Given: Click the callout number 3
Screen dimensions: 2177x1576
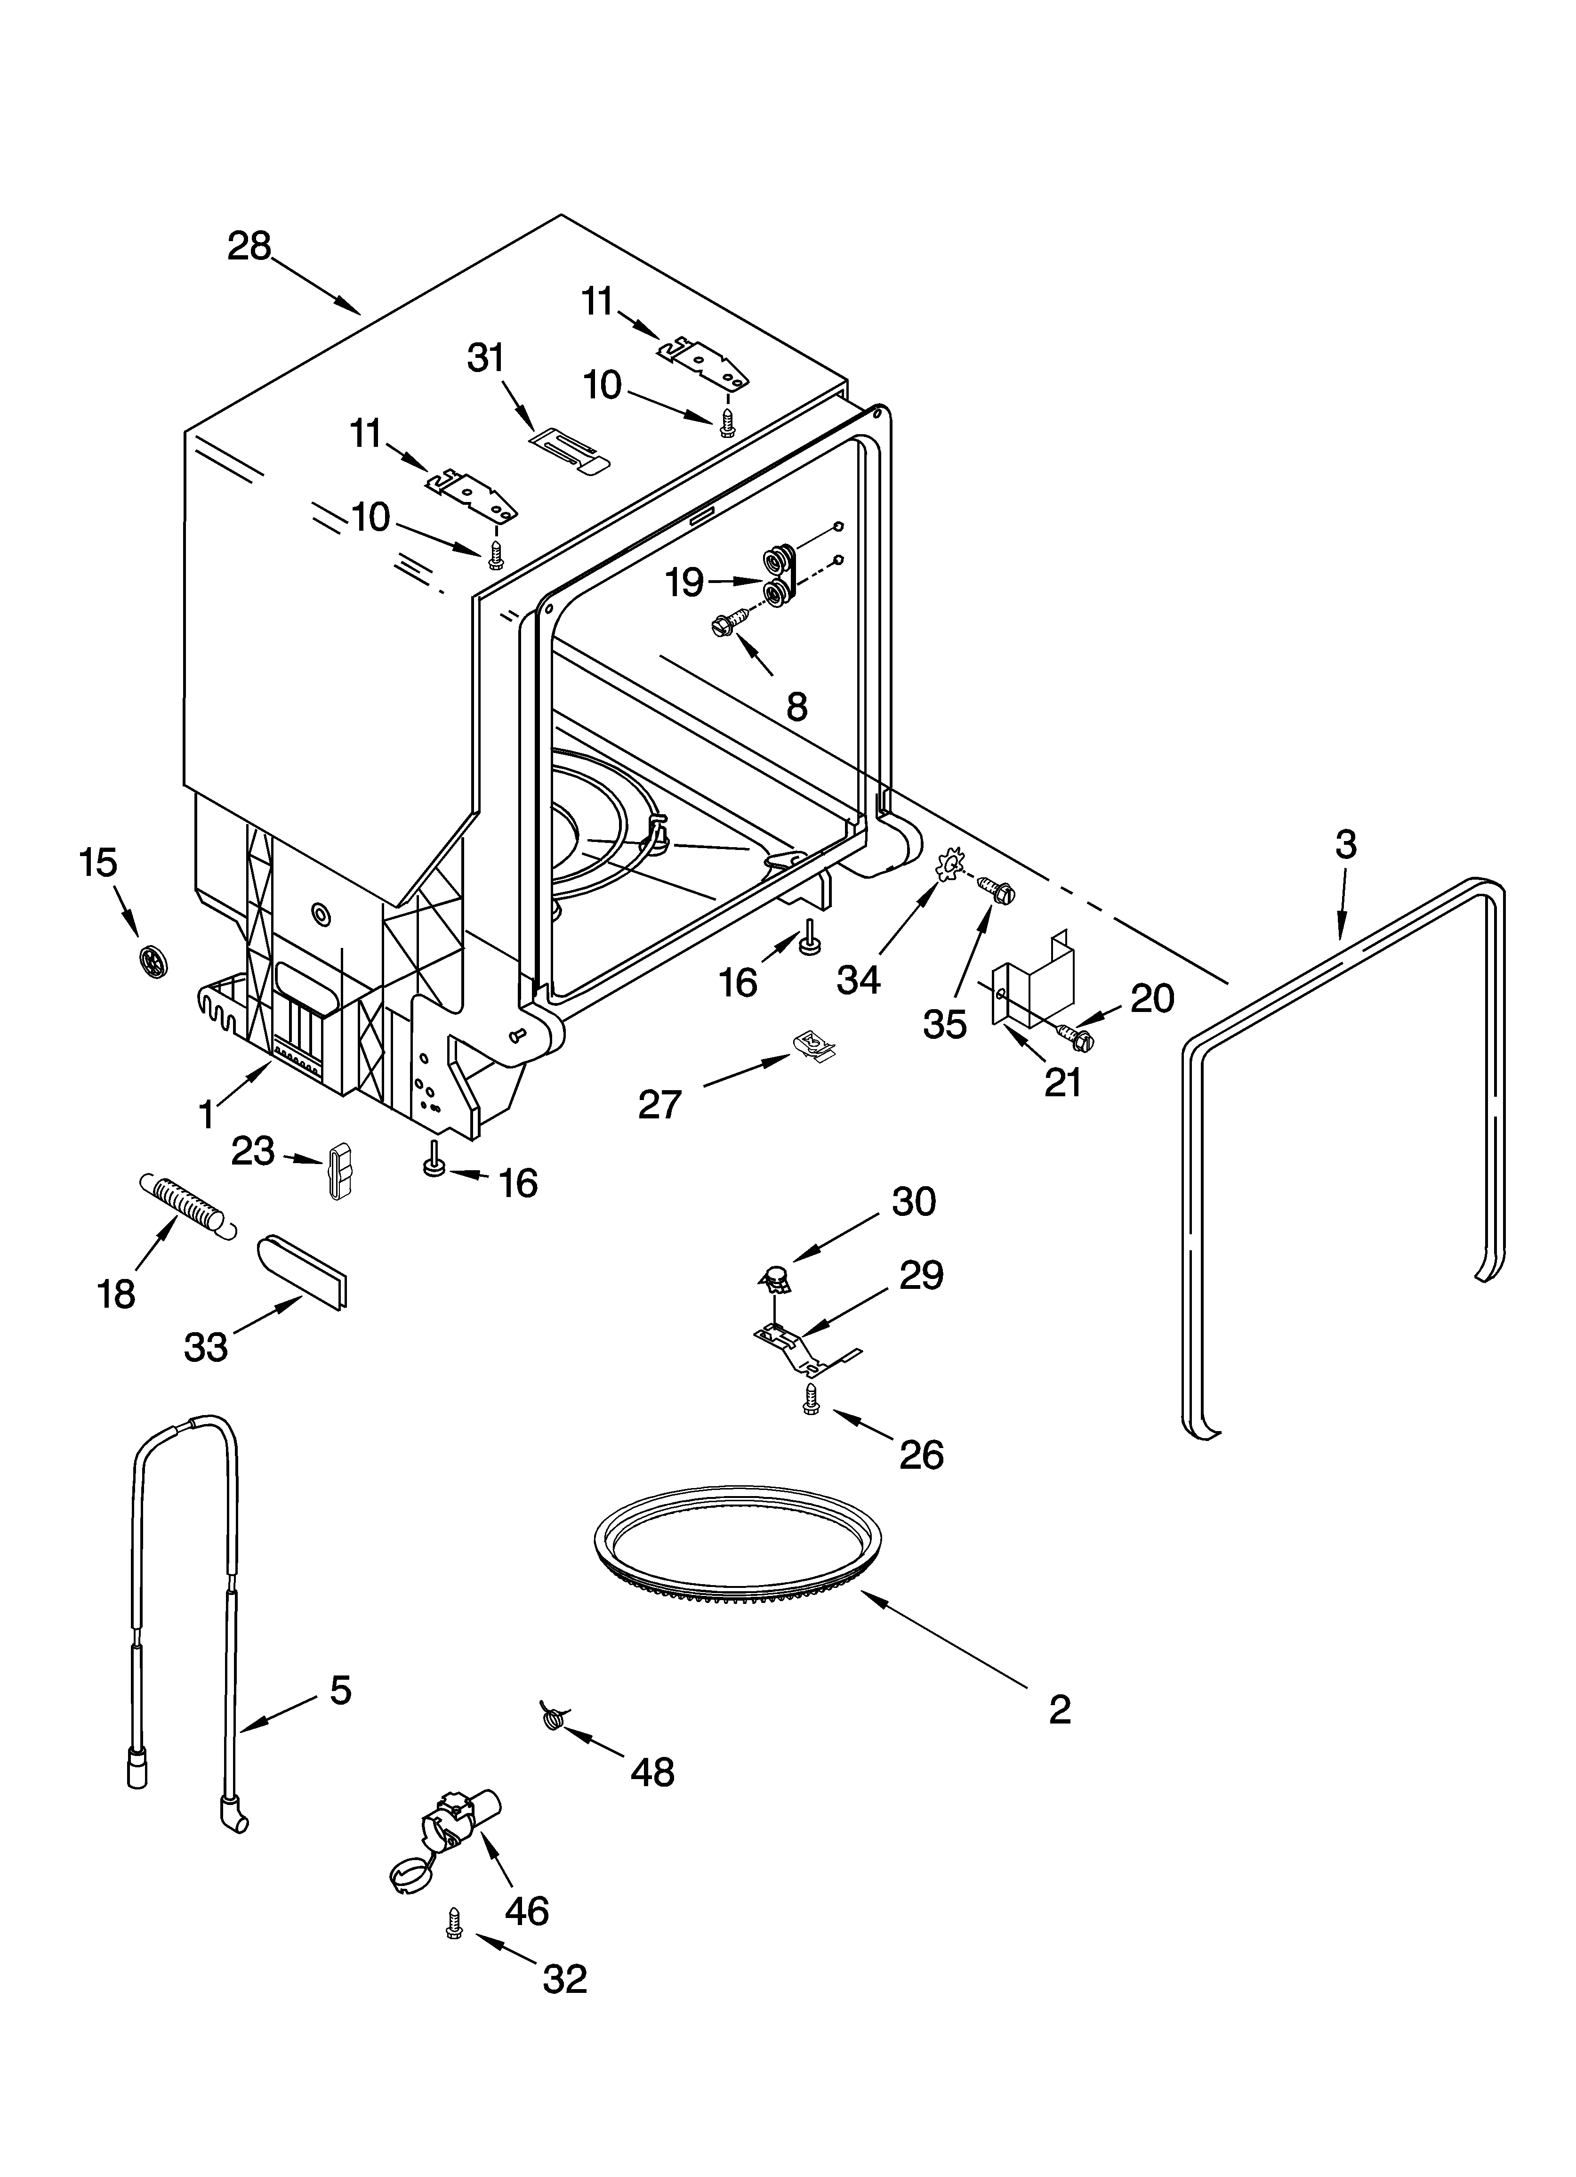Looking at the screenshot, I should [1346, 845].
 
